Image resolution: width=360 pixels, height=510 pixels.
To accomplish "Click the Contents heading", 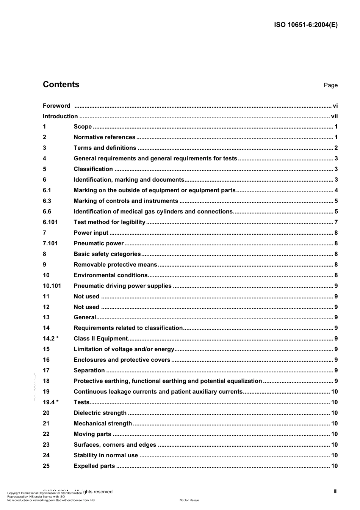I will pos(61,85).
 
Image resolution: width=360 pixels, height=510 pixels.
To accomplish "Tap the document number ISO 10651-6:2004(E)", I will pos(305,25).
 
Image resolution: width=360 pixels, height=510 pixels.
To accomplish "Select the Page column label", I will pos(330,85).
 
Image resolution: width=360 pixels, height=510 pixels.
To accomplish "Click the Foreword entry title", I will pos(56,106).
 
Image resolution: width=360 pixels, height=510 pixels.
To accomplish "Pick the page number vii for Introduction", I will pos(334,116).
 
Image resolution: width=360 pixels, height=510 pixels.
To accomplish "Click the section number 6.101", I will pos(50,222).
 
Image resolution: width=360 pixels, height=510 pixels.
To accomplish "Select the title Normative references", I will pos(104,137).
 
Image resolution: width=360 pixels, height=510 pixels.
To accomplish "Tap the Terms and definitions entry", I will pos(105,148).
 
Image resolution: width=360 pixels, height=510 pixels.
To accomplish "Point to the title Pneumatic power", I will pos(99,243).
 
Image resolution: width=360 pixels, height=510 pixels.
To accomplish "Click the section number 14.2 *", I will pos(50,339).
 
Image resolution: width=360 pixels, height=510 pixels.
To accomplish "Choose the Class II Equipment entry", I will pos(100,339).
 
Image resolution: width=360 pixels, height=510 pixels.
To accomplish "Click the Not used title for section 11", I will pos(86,297).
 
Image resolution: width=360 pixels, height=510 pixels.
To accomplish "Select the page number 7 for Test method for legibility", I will pos(336,222).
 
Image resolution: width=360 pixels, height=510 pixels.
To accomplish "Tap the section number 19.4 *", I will pos(50,402).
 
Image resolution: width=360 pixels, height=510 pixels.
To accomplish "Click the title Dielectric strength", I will pos(100,413).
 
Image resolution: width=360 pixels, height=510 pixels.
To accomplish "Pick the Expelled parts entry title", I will pos(94,466).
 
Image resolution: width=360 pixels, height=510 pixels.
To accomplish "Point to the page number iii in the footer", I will pos(335,491).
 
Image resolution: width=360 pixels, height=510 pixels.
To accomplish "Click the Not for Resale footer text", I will pos(189,500).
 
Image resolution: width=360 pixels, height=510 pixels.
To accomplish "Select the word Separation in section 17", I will pos(89,370).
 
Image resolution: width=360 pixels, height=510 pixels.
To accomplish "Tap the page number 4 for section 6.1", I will pos(336,190).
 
